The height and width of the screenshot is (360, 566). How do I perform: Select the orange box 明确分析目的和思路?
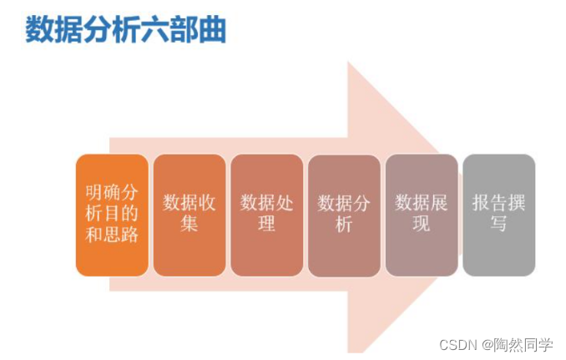click(112, 215)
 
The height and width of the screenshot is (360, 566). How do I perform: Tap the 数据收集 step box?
click(190, 215)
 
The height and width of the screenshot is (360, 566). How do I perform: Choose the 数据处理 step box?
click(267, 215)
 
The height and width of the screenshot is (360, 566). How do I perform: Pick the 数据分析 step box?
click(344, 215)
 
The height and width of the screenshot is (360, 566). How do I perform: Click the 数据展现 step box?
click(422, 215)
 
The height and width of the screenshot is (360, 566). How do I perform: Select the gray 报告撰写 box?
click(498, 215)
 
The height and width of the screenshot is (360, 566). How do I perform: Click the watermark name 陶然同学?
click(524, 344)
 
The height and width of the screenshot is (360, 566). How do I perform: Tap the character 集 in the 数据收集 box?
click(190, 224)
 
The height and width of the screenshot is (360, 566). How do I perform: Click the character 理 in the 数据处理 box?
click(267, 224)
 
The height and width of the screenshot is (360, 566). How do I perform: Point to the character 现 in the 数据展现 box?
click(422, 224)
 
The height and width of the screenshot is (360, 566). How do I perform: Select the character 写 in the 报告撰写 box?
click(498, 224)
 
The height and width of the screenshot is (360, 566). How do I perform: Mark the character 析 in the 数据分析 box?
click(344, 224)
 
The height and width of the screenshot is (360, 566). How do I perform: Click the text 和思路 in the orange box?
click(112, 234)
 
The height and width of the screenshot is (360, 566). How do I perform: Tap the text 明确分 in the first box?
click(112, 194)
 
